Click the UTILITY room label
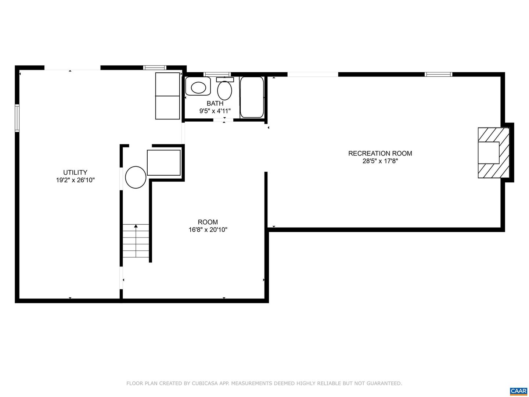pyautogui.click(x=75, y=172)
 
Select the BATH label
pyautogui.click(x=215, y=103)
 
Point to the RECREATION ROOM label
pyautogui.click(x=380, y=153)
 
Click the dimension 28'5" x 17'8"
pyautogui.click(x=380, y=161)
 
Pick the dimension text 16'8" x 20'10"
pyautogui.click(x=208, y=230)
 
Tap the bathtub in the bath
pyautogui.click(x=252, y=97)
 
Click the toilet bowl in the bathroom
pyautogui.click(x=224, y=90)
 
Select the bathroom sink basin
pyautogui.click(x=198, y=87)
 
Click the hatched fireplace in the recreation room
pyautogui.click(x=493, y=153)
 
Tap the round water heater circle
pyautogui.click(x=136, y=177)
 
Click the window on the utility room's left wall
pyautogui.click(x=17, y=118)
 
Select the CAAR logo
pyautogui.click(x=518, y=391)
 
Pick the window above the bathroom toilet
pyautogui.click(x=217, y=74)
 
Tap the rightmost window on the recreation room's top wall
pyautogui.click(x=438, y=74)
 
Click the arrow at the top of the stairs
pyautogui.click(x=136, y=226)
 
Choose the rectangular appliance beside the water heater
pyautogui.click(x=164, y=162)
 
